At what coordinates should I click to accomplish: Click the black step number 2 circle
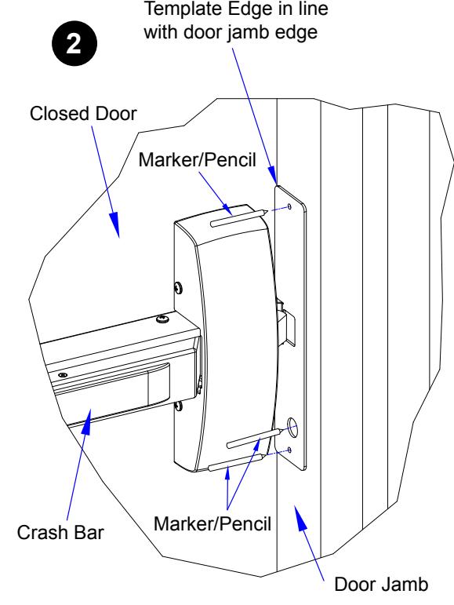tap(74, 43)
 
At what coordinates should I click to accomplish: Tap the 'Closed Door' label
tap(83, 114)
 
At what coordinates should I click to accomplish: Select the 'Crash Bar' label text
tap(60, 533)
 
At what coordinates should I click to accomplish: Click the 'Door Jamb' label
tap(381, 584)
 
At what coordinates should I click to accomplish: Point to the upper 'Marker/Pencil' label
tap(197, 160)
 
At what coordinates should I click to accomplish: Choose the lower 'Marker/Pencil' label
tap(212, 524)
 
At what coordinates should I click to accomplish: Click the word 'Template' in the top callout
tap(183, 9)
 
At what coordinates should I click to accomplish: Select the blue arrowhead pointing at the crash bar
tap(86, 421)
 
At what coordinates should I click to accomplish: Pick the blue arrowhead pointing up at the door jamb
tap(301, 518)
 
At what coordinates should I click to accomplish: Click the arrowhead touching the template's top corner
tap(272, 176)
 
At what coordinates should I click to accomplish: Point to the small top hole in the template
tap(290, 207)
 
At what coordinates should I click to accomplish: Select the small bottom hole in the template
tap(290, 450)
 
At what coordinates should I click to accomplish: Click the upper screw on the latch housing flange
tap(178, 287)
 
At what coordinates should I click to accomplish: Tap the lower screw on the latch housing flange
tap(178, 406)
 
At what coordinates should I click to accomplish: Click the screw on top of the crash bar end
tap(162, 319)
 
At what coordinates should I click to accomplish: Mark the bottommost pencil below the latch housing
tap(236, 463)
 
